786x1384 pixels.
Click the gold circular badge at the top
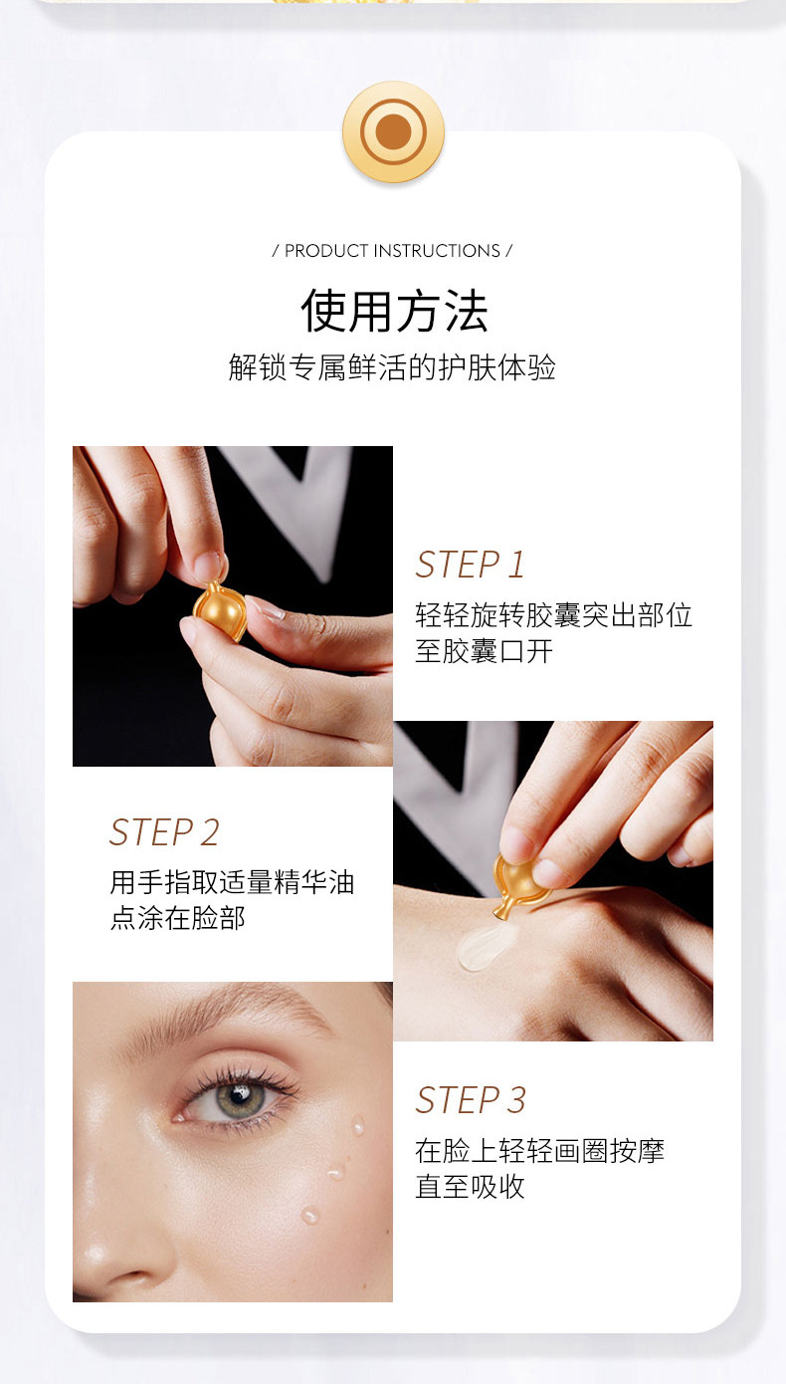click(393, 131)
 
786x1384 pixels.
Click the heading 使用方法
click(395, 311)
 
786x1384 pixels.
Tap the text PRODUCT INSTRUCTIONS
click(392, 251)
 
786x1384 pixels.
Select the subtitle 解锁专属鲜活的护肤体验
click(392, 367)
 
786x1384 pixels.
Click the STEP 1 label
click(470, 565)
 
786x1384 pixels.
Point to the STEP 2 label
click(164, 832)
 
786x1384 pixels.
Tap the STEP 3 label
click(471, 1100)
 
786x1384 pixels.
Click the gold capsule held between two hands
click(219, 609)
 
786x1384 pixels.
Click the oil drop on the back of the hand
click(485, 944)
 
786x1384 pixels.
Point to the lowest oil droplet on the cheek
click(309, 1215)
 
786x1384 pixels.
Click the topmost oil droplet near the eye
click(358, 1125)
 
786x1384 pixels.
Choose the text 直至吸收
click(470, 1187)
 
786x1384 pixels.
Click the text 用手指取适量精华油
click(232, 882)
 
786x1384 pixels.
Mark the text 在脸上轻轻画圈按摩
click(539, 1151)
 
